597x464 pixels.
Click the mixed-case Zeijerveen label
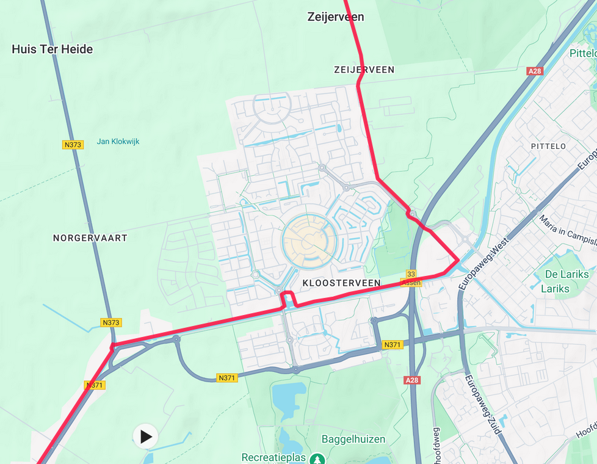click(x=335, y=17)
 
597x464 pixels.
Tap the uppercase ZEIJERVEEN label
click(x=364, y=70)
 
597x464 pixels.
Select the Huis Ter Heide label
click(x=52, y=49)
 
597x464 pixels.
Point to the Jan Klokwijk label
click(x=118, y=142)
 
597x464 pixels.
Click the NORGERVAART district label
click(x=90, y=238)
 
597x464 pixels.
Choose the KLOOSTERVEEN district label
click(x=341, y=283)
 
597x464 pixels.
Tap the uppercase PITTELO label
click(x=548, y=147)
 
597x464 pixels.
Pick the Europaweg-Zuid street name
click(x=483, y=404)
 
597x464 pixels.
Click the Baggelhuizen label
click(x=353, y=439)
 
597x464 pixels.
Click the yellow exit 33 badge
click(x=411, y=275)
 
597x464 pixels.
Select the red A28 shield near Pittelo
click(x=534, y=71)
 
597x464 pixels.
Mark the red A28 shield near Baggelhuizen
click(x=412, y=380)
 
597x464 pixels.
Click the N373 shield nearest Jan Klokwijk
click(x=72, y=145)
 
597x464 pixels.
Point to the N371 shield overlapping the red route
click(x=94, y=385)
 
